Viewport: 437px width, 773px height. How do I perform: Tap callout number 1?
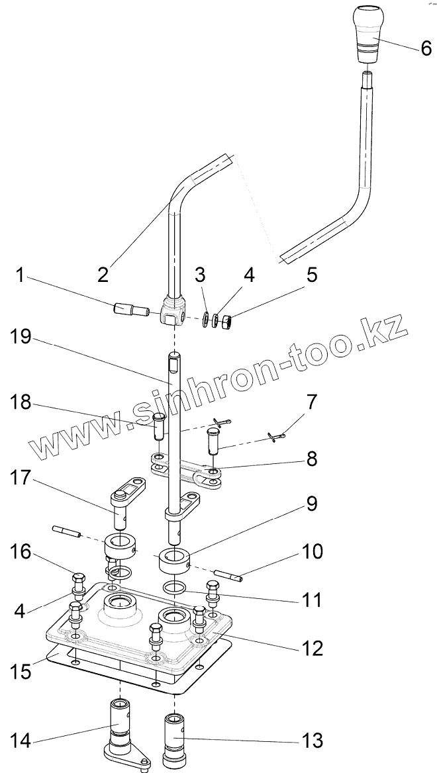21,275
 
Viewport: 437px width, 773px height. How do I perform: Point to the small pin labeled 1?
129,309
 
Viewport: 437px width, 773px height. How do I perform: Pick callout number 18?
22,403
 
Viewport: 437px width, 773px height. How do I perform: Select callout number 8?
311,457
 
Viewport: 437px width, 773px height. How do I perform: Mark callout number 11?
312,600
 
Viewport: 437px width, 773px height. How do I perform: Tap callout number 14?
21,740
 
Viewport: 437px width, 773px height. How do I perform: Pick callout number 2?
103,275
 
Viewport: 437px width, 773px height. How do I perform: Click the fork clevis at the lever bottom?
173,312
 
